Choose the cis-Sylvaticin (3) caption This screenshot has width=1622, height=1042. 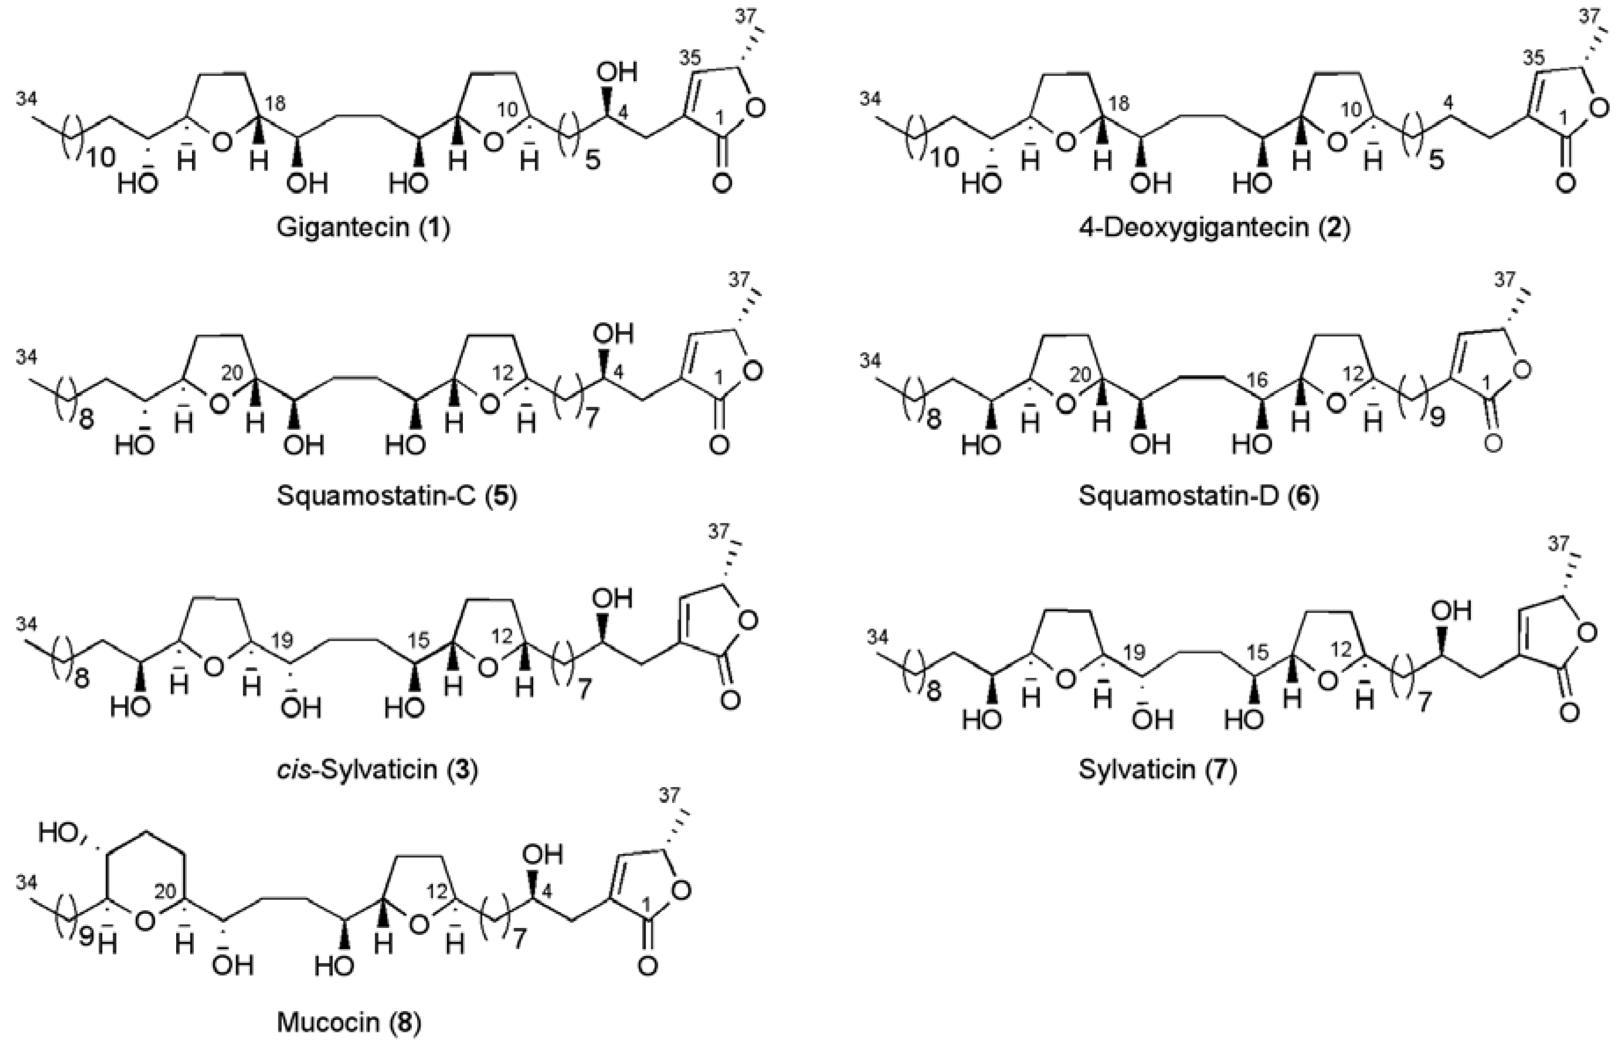[x=377, y=769]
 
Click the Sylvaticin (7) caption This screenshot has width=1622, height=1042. [x=1157, y=769]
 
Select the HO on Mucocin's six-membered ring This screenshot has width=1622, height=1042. [x=59, y=832]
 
